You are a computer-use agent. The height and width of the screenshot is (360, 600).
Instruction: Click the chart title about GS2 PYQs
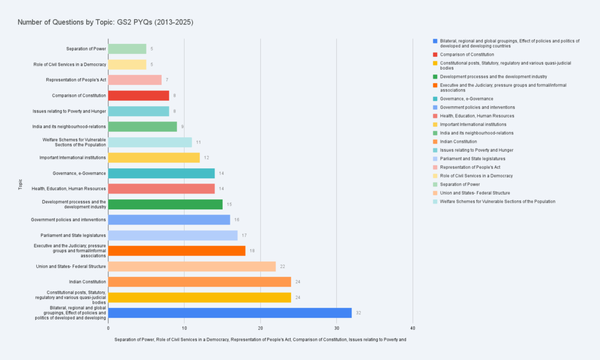105,22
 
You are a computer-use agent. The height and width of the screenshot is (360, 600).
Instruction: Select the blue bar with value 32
230,313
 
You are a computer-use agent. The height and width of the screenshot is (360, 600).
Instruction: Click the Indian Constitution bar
199,282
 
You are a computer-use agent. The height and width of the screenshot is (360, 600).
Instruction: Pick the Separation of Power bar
127,49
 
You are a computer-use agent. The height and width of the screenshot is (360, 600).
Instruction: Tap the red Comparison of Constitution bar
138,96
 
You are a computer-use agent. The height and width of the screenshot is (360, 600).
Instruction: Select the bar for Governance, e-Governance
161,173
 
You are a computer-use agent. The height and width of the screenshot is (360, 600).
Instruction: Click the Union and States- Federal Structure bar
192,266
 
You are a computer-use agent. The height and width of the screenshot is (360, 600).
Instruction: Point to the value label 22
282,266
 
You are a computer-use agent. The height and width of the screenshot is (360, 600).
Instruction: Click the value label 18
252,251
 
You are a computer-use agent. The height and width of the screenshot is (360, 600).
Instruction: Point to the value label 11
199,142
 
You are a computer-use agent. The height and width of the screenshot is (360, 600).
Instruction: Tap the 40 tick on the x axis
412,328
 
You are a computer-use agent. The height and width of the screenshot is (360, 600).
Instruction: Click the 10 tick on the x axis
185,328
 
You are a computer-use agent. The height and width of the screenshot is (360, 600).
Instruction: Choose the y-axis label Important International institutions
73,158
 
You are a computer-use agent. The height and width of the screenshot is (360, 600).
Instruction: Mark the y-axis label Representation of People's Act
76,80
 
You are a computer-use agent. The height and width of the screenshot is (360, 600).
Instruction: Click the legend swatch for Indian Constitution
434,141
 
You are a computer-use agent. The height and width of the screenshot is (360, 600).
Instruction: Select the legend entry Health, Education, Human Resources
473,116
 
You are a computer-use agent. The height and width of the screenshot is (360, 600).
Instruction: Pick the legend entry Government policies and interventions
478,107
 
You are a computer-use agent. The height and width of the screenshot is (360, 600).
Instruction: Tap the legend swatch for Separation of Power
434,184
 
